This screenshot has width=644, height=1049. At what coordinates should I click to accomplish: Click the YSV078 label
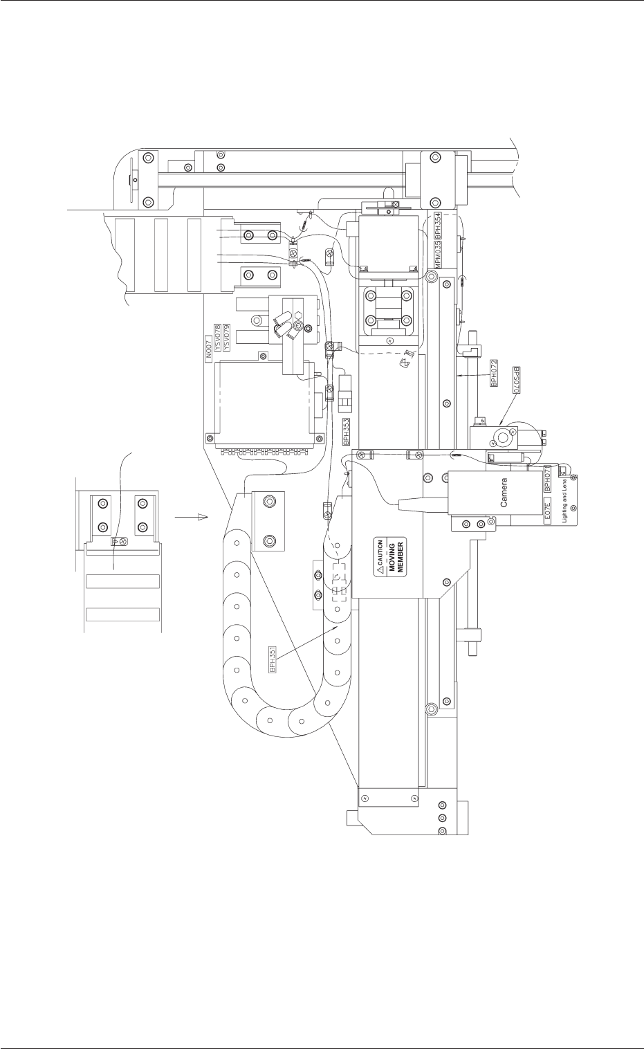point(217,339)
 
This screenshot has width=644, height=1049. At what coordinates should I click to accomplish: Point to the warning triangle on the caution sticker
point(378,571)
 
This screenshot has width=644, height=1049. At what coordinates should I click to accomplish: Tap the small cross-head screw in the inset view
point(122,540)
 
